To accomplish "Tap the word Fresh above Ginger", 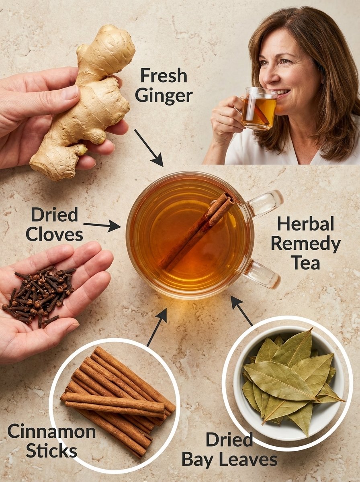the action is [164, 76].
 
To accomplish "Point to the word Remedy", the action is [306, 245].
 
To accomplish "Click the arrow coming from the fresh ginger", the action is [149, 147].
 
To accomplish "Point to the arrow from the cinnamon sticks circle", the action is [157, 327].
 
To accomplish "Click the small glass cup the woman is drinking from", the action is [257, 108].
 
